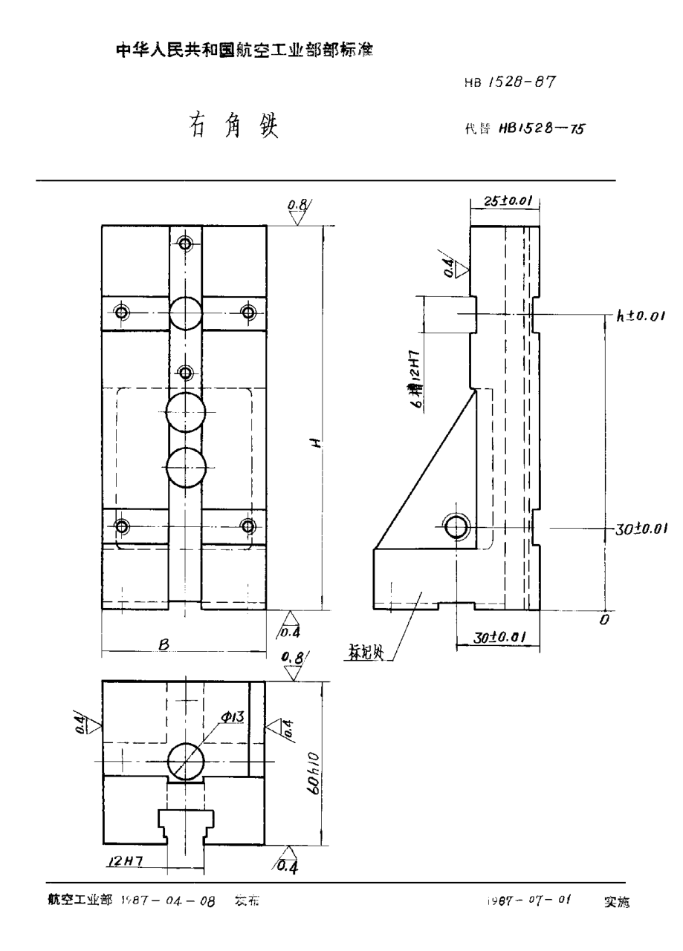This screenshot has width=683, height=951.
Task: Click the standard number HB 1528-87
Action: click(510, 83)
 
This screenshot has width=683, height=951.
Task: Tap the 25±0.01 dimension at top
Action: click(505, 200)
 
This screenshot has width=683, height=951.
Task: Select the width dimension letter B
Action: click(162, 646)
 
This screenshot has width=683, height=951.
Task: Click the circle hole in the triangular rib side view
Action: click(456, 527)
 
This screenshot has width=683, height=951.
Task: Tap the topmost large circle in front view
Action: click(186, 313)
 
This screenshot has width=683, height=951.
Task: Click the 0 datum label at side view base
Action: click(604, 618)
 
